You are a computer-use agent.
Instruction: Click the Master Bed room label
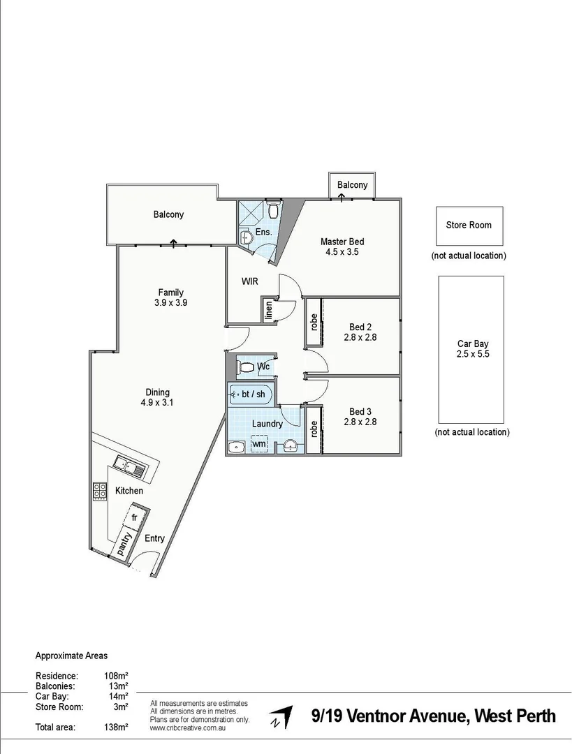[x=342, y=242]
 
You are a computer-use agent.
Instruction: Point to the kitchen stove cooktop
[x=100, y=491]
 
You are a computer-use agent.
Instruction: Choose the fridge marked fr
[x=135, y=517]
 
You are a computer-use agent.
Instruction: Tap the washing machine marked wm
[x=258, y=443]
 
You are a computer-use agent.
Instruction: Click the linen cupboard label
[x=268, y=310]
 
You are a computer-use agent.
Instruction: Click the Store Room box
[x=469, y=225]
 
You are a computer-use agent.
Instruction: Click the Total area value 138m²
[x=116, y=727]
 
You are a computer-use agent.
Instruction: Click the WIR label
[x=250, y=282]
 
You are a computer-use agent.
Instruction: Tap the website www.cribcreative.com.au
[x=186, y=727]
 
